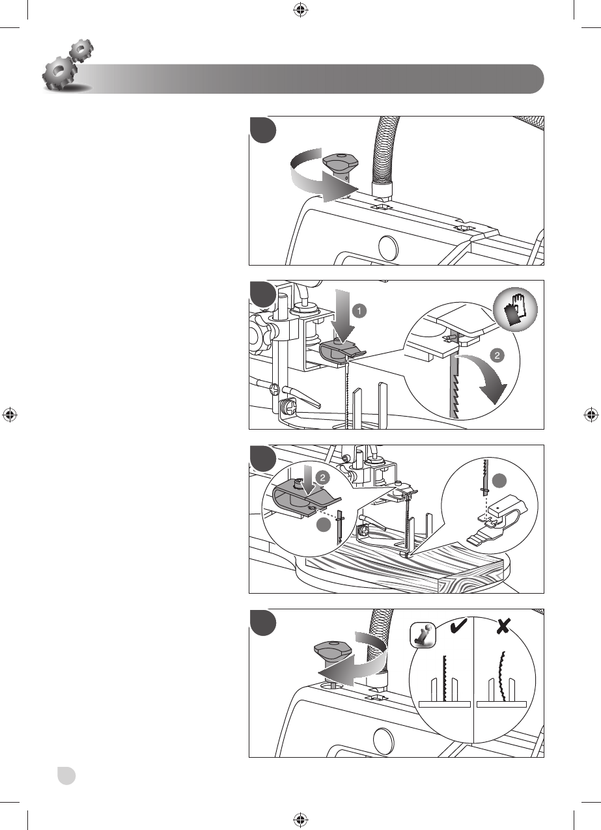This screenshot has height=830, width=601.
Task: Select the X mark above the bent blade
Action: pyautogui.click(x=503, y=627)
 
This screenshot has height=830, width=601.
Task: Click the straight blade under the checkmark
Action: pyautogui.click(x=445, y=677)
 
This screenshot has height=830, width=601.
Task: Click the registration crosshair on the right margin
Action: pyautogui.click(x=591, y=415)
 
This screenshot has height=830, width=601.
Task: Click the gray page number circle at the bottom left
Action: pyautogui.click(x=65, y=775)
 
